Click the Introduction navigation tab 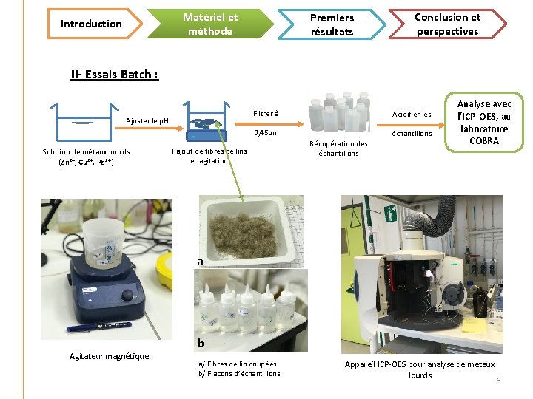(90, 24)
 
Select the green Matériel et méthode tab (209, 24)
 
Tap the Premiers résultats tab (332, 24)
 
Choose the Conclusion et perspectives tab (447, 24)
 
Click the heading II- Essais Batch (114, 74)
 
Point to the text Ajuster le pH (147, 120)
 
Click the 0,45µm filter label (266, 134)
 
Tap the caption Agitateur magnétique (109, 356)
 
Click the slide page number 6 (498, 381)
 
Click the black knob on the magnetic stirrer (128, 296)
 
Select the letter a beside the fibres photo (200, 262)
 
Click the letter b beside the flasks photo (200, 344)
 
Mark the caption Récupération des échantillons (338, 149)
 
